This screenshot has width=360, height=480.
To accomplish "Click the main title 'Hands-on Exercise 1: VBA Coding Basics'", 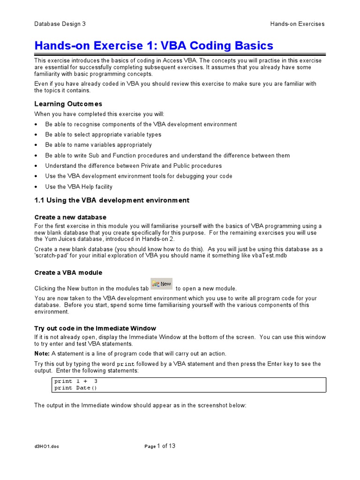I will point(154,46).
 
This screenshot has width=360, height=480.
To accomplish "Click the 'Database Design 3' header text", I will point(60,24).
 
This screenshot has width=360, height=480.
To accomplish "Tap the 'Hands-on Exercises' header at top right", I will point(297,24).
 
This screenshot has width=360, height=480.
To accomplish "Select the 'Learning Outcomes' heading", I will point(68,104).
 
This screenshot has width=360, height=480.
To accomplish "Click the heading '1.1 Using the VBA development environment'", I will point(112,200).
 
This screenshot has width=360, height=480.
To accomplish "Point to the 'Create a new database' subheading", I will point(70,217).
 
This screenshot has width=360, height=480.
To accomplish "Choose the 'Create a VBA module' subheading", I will point(68,272).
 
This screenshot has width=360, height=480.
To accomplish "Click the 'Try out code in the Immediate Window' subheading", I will point(95,328).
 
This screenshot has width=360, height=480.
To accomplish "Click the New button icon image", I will point(162,284).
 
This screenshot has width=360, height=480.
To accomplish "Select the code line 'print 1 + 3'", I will point(76,381).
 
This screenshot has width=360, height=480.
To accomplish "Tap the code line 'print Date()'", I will point(75,388).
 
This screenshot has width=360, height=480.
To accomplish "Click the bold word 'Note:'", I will point(42,353).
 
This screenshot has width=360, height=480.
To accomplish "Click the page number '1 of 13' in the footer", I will point(166,446).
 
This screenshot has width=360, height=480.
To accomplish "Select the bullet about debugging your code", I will point(139,176).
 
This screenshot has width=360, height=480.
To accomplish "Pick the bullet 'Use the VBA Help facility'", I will point(79,187).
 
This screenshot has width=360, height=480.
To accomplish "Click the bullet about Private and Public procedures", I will point(134,166).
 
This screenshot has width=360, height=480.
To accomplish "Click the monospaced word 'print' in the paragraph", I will point(125,364).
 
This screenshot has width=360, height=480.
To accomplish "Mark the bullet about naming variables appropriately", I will point(98,145).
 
